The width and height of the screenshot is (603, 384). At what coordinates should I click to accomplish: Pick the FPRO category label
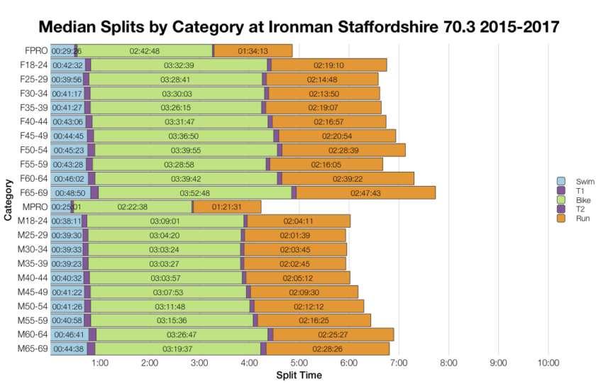pyautogui.click(x=34, y=50)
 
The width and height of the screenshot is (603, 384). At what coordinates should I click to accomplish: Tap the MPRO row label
pyautogui.click(x=33, y=207)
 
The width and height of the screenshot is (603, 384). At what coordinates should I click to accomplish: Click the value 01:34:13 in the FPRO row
pyautogui.click(x=253, y=50)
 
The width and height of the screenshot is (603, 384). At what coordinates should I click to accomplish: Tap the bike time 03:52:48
pyautogui.click(x=195, y=192)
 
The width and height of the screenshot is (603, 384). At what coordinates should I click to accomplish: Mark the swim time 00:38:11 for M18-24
pyautogui.click(x=67, y=221)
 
